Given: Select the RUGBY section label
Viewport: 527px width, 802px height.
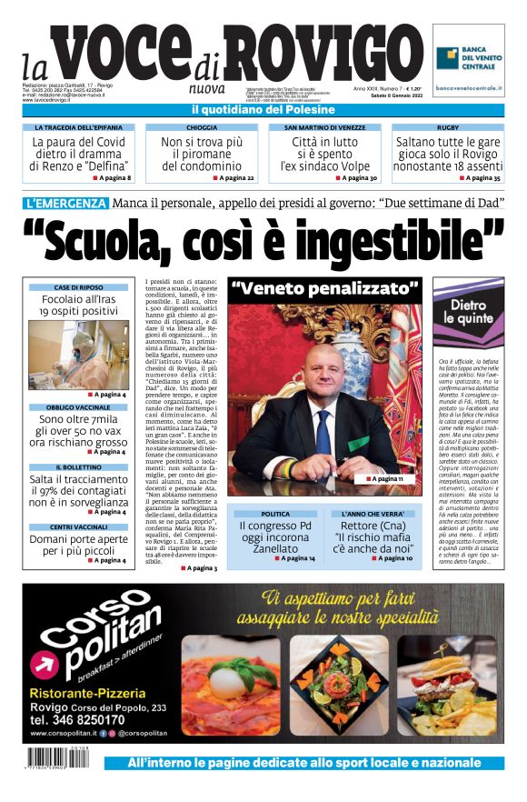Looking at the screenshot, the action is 448,128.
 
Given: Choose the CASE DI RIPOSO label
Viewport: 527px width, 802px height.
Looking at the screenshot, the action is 78,287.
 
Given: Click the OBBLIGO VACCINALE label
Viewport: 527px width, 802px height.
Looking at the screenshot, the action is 78,407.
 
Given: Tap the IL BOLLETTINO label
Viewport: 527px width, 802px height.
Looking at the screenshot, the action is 78,466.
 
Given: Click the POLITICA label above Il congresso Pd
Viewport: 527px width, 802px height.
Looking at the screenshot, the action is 275,514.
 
